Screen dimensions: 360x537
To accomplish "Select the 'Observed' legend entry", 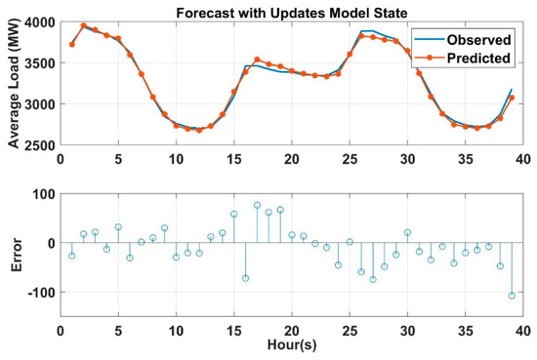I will (479, 40).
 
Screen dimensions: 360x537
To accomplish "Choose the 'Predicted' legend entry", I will (479, 58).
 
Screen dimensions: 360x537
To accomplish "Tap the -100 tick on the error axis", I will (39, 292).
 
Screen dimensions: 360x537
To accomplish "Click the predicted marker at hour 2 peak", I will (83, 25).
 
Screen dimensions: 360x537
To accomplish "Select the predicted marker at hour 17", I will (257, 60).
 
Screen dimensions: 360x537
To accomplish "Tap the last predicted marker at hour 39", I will (511, 98).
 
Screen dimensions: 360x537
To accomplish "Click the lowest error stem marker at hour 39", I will (511, 295).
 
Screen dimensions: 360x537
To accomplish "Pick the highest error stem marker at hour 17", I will (257, 205).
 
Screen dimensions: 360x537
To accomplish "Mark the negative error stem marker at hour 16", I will (245, 278).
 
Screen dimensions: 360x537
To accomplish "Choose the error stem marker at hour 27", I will (372, 279).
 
